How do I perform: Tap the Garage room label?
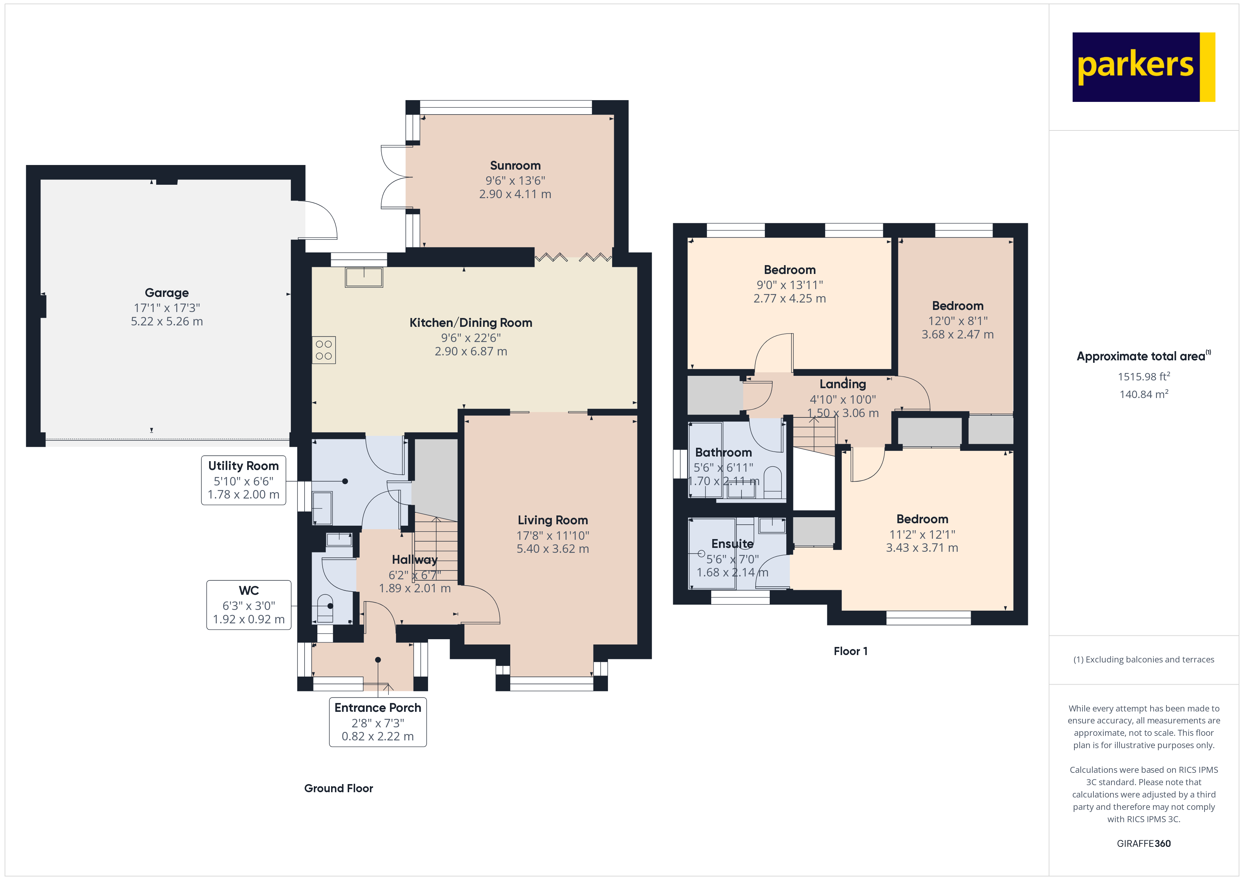point(166,293)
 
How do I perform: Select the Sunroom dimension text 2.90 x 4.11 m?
point(515,194)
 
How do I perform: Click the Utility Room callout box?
point(243,480)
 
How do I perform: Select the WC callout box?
point(249,605)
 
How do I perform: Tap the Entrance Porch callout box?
point(378,722)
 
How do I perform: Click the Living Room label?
point(553,520)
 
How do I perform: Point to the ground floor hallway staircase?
point(435,547)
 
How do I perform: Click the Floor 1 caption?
point(850,651)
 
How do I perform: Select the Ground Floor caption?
point(338,788)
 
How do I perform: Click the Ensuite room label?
point(732,544)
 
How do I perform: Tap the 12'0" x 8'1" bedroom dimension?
point(957,321)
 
